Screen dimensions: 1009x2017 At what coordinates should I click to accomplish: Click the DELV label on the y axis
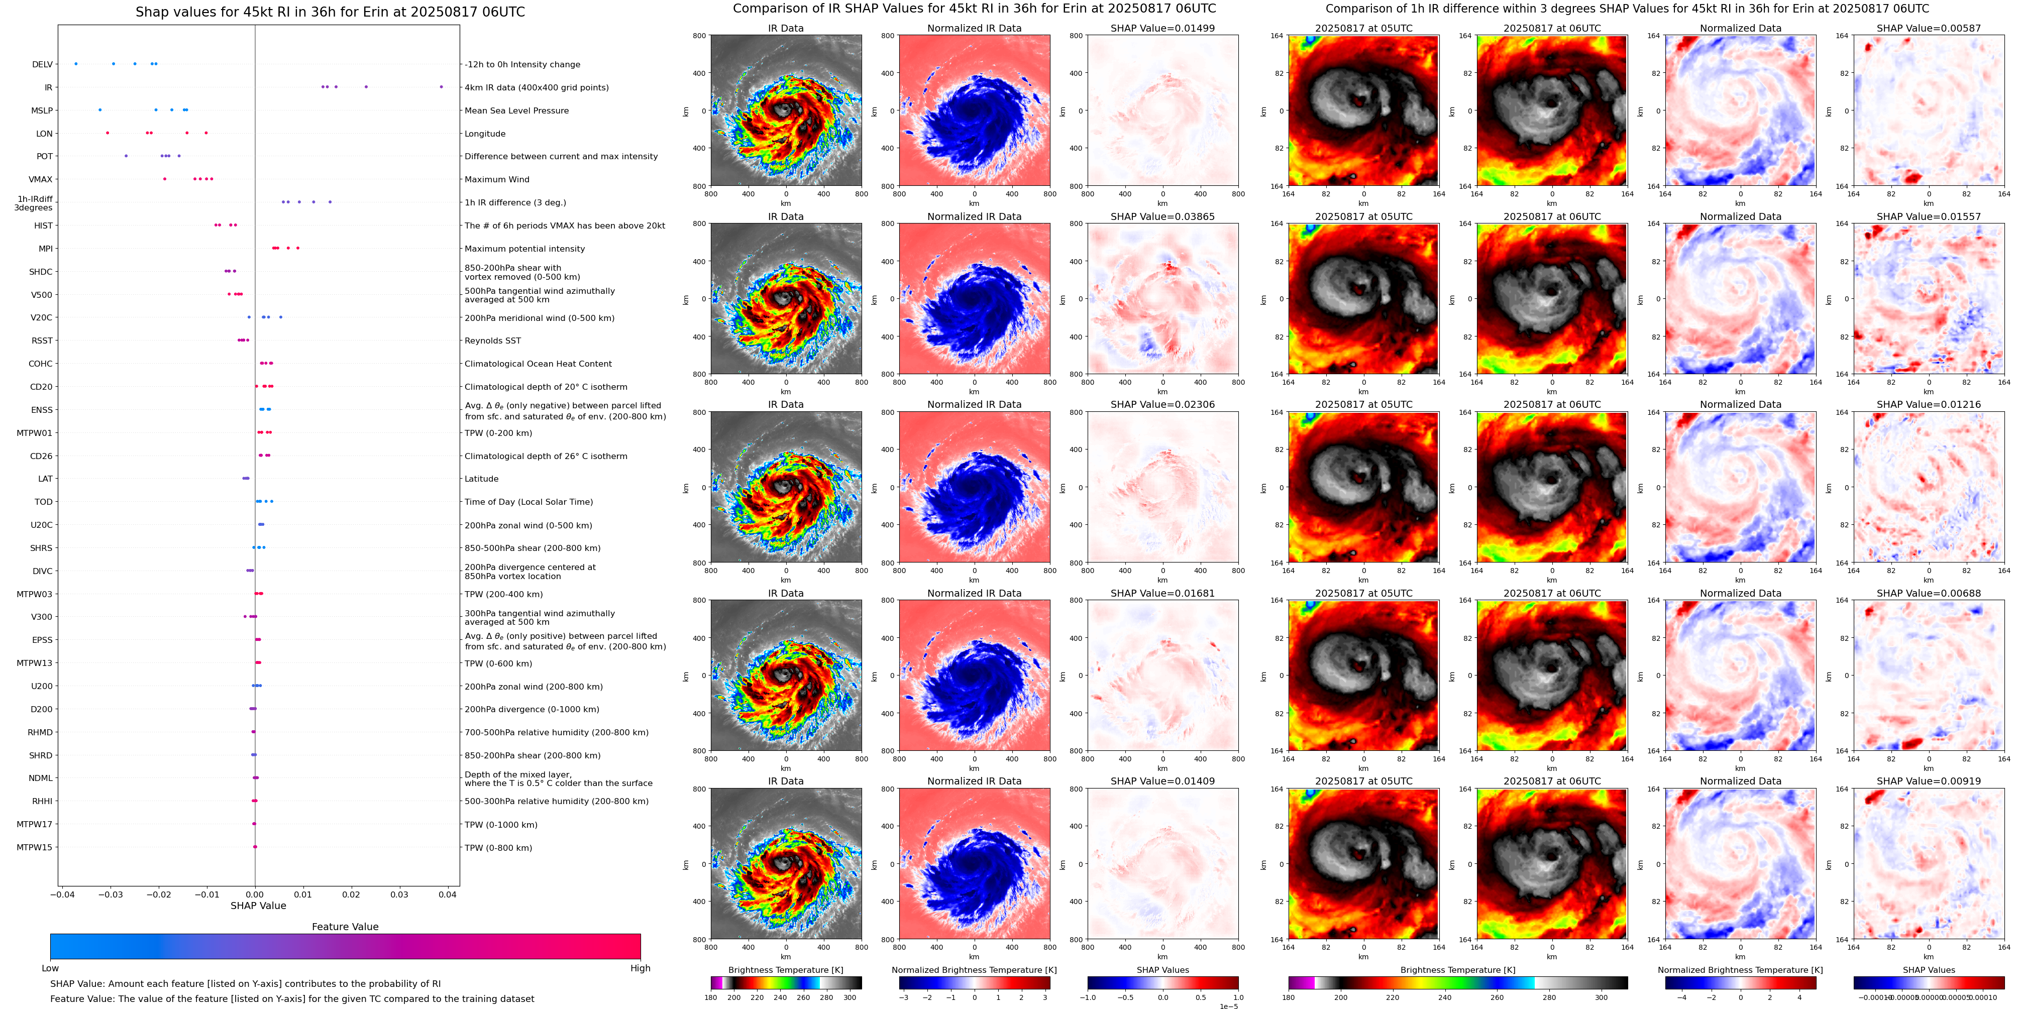(42, 64)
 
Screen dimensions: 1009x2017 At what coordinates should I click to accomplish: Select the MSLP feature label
(42, 110)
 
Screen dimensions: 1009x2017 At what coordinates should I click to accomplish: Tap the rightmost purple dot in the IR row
(441, 87)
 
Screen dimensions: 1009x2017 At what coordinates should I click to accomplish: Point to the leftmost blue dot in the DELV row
(76, 63)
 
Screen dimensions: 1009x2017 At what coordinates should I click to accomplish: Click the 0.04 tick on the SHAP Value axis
(447, 894)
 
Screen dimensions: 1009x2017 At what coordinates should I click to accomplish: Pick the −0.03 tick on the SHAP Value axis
(111, 894)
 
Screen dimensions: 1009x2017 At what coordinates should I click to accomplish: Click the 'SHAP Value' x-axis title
(258, 906)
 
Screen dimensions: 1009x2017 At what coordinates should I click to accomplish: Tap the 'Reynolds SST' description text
(492, 341)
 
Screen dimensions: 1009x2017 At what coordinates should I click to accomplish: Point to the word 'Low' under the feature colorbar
(50, 968)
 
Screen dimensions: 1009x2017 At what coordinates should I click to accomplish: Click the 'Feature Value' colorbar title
(345, 927)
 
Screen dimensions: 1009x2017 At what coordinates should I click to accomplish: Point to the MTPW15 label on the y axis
(35, 847)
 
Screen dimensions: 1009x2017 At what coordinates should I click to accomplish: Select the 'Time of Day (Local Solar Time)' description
(528, 502)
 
